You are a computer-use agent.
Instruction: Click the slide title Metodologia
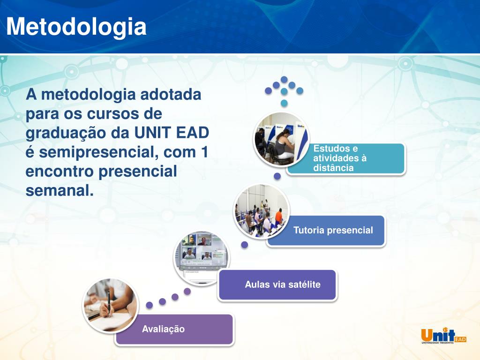pyautogui.click(x=76, y=27)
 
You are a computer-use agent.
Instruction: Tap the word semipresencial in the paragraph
pyautogui.click(x=98, y=152)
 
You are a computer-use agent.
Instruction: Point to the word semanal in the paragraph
pyautogui.click(x=60, y=190)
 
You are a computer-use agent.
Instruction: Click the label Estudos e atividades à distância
pyautogui.click(x=340, y=158)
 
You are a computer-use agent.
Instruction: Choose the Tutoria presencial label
pyautogui.click(x=333, y=230)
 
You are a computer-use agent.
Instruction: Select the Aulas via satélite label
pyautogui.click(x=283, y=285)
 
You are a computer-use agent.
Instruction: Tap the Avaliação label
pyautogui.click(x=163, y=329)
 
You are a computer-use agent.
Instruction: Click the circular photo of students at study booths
pyautogui.click(x=282, y=139)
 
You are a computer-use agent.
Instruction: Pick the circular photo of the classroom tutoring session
pyautogui.click(x=261, y=211)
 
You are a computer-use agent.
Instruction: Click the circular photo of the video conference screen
pyautogui.click(x=201, y=258)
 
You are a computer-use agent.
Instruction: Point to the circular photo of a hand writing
pyautogui.click(x=111, y=305)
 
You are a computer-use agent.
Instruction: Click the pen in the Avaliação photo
pyautogui.click(x=109, y=304)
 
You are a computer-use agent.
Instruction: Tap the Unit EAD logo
pyautogui.click(x=443, y=336)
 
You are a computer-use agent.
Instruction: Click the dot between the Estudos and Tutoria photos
pyautogui.click(x=277, y=176)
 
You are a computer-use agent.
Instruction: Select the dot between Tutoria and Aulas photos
pyautogui.click(x=245, y=245)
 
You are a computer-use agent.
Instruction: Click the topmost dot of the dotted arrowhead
pyautogui.click(x=284, y=80)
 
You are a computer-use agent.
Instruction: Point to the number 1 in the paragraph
pyautogui.click(x=204, y=152)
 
